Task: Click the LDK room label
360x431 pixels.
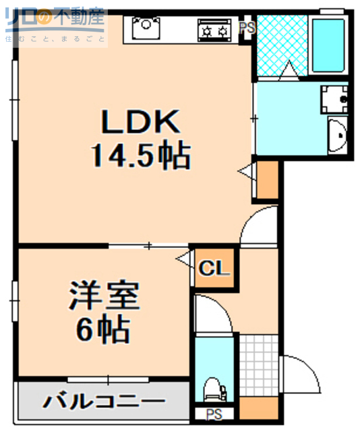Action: click(x=140, y=123)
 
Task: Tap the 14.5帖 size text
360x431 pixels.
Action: click(x=140, y=156)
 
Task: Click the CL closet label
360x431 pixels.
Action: click(x=214, y=270)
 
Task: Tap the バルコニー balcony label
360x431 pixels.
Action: click(x=104, y=402)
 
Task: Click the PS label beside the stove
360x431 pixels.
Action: click(x=247, y=28)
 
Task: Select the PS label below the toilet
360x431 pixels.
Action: click(x=214, y=414)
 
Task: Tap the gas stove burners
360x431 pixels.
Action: click(x=214, y=30)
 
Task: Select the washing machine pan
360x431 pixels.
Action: click(x=334, y=100)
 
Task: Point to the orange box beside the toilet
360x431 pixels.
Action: click(x=258, y=407)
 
